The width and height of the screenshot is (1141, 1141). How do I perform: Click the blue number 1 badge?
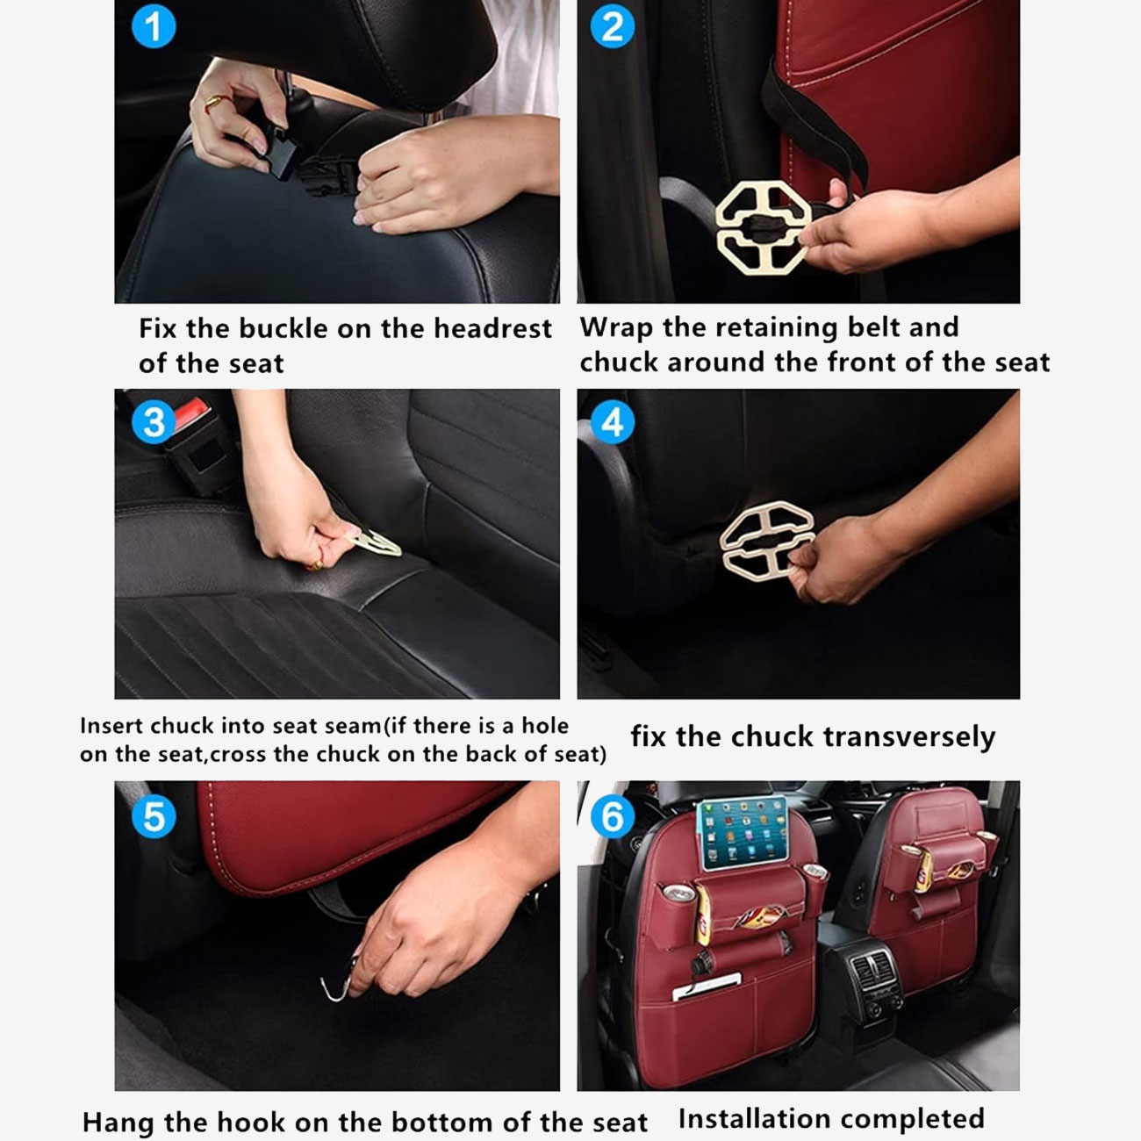pos(154,26)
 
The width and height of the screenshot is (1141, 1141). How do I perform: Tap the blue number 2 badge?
pos(613,26)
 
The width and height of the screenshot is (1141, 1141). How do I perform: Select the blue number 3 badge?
pos(154,422)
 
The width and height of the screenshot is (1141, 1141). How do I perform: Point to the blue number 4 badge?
pos(613,422)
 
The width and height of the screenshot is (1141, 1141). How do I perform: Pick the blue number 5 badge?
pos(154,816)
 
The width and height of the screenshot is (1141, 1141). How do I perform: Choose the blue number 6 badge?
pos(613,816)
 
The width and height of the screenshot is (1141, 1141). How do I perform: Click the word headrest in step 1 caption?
pos(492,328)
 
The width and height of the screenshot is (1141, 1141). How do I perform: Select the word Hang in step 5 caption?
pos(118,1122)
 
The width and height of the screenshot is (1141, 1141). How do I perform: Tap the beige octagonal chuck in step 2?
pos(763,227)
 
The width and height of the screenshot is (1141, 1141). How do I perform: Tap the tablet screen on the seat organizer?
pos(743,834)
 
